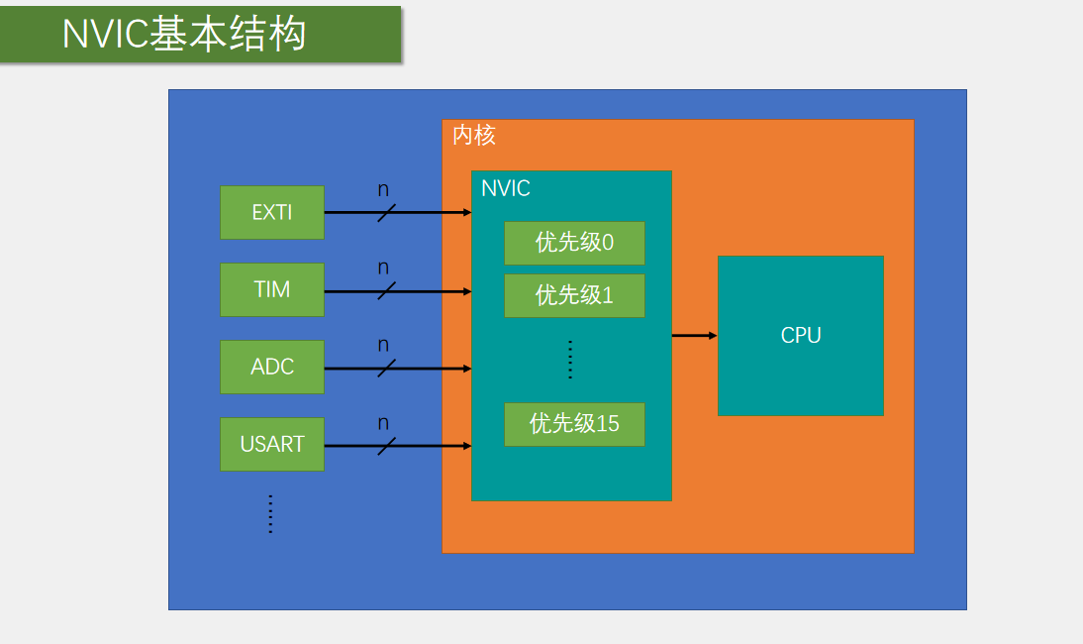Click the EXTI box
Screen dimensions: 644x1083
point(271,212)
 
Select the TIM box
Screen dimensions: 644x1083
point(271,289)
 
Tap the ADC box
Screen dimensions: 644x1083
point(271,367)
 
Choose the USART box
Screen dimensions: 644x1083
point(271,444)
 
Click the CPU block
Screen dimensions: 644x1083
point(800,335)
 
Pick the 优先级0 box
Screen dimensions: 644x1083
point(574,243)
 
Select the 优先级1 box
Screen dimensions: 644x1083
point(574,295)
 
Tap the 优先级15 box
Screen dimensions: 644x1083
point(574,424)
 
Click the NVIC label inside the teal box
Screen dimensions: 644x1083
point(506,188)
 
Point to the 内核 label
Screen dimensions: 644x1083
point(473,135)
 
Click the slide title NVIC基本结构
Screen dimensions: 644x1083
point(185,35)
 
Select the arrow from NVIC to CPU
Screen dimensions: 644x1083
point(694,336)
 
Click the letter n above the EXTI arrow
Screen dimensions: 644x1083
point(383,189)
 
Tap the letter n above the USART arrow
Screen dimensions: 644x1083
point(383,423)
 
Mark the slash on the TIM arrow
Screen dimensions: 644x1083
point(386,290)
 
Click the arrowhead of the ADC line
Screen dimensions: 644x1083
point(466,369)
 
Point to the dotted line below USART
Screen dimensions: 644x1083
point(270,514)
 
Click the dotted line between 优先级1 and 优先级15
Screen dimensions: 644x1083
point(571,359)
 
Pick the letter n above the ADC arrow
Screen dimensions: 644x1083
point(383,346)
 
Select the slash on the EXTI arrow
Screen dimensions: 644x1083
point(386,212)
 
